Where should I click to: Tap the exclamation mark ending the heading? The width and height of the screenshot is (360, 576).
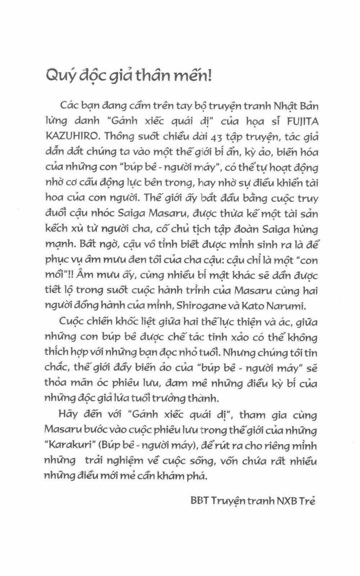coord(209,76)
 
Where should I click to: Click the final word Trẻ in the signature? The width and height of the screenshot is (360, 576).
coord(309,501)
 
